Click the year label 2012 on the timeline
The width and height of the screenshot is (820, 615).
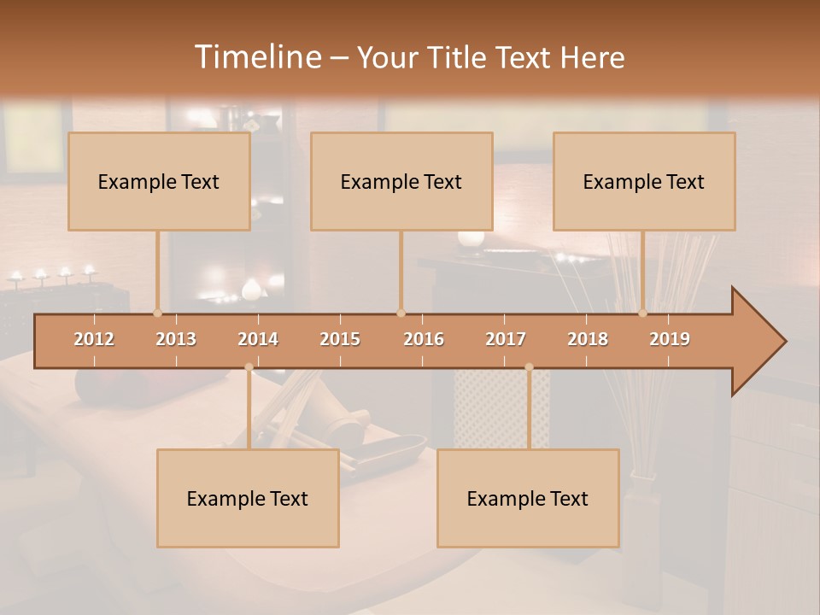[x=94, y=339]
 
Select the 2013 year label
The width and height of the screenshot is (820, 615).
[x=176, y=339]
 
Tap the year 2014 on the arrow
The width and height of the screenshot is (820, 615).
[x=258, y=339]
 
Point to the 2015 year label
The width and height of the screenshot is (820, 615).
[x=340, y=339]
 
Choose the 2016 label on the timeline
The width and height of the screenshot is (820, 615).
[x=424, y=339]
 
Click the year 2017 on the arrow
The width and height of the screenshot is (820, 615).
[x=506, y=339]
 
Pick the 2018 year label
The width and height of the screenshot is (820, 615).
[x=588, y=339]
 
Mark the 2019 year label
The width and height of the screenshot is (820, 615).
[x=670, y=339]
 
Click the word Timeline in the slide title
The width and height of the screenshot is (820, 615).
[x=256, y=57]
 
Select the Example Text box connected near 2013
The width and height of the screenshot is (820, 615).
[x=159, y=181]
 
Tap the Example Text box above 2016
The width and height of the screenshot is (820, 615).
[x=401, y=181]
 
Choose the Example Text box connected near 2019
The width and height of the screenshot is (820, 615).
[x=644, y=181]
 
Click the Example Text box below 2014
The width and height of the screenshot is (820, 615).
[x=248, y=498]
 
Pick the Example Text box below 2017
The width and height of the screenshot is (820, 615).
[x=528, y=498]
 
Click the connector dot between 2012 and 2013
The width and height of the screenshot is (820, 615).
[x=157, y=313]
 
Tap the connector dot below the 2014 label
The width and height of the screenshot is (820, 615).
[x=249, y=367]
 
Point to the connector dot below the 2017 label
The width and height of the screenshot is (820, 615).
[x=529, y=367]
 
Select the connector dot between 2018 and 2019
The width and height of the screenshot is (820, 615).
[x=642, y=313]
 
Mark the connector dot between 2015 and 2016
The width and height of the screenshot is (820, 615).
[x=401, y=313]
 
